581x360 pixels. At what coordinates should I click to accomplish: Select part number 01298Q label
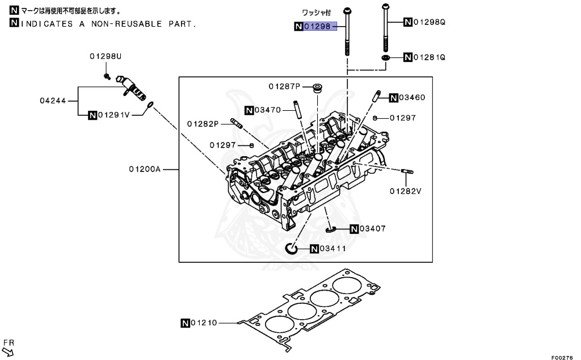(430, 22)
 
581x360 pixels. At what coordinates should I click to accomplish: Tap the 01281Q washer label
(430, 57)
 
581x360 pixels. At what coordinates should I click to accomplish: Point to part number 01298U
(106, 56)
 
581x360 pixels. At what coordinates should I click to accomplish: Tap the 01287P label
(284, 86)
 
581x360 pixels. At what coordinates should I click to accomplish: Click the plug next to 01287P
(318, 87)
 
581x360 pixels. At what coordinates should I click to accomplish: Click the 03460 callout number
(412, 98)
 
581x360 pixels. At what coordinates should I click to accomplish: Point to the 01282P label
(203, 124)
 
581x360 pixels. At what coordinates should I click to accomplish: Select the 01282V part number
(405, 191)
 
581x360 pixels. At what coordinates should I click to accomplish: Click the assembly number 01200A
(145, 169)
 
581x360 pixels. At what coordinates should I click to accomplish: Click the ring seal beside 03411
(290, 249)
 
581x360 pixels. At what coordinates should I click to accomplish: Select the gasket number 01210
(204, 323)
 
